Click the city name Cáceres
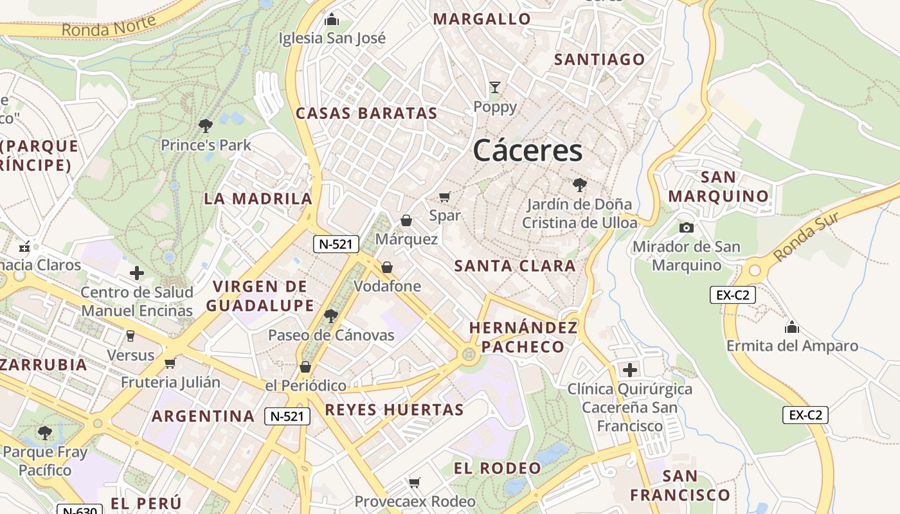(x=528, y=151)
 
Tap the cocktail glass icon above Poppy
(x=495, y=87)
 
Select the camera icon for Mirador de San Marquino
(x=687, y=227)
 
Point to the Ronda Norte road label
(x=109, y=26)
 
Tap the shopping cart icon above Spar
(x=445, y=197)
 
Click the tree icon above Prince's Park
(x=206, y=125)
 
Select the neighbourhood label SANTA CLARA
(x=515, y=266)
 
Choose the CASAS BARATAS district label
(x=366, y=114)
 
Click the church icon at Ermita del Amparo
(x=792, y=327)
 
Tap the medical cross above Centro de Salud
(x=137, y=273)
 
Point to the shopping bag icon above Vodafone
(x=387, y=267)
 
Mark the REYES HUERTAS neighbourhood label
(x=394, y=410)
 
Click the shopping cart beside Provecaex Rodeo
(x=415, y=483)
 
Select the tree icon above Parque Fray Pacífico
(x=44, y=432)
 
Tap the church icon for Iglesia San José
(x=332, y=20)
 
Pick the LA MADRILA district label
(x=258, y=199)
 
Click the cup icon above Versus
(x=130, y=336)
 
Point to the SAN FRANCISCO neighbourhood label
(x=680, y=486)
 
